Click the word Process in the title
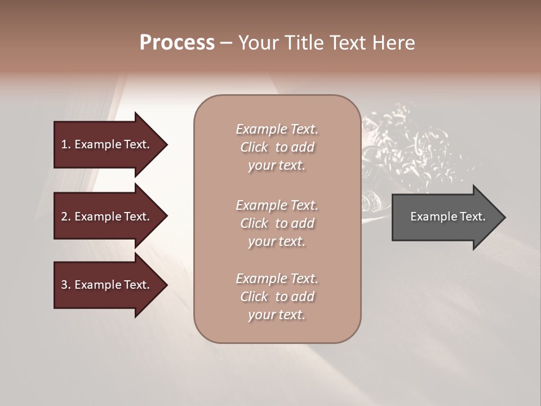[x=177, y=43]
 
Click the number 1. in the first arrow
[x=66, y=144]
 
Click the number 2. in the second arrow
[x=66, y=217]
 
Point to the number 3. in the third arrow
[x=66, y=285]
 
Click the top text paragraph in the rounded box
[x=277, y=147]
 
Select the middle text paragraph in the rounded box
[x=277, y=223]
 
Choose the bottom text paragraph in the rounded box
[x=277, y=297]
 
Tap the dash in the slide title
[x=226, y=43]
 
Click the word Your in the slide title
[x=257, y=43]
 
